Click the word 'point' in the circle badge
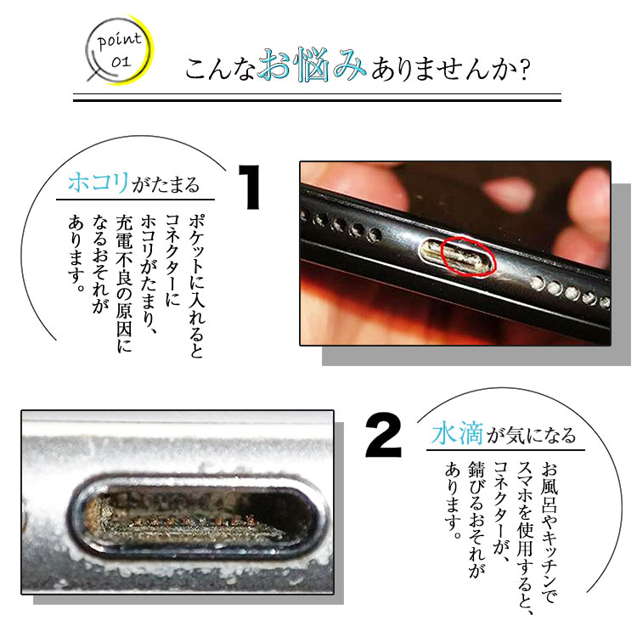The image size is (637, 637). [120, 41]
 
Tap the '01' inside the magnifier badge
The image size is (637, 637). [121, 62]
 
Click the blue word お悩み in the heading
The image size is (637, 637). [312, 65]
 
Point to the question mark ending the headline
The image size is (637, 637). [525, 70]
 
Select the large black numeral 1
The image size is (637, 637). [250, 187]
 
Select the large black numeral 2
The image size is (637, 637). [383, 435]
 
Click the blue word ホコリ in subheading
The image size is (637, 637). [99, 183]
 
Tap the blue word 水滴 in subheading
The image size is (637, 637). [458, 434]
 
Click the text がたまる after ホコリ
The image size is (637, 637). [166, 184]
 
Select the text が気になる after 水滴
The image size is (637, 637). [532, 436]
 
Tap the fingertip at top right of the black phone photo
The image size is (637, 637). [590, 191]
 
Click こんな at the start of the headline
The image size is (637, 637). [220, 69]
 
